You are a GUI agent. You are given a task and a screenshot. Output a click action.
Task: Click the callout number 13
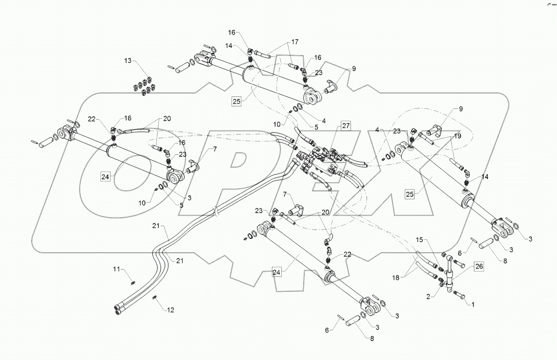[x=128, y=60]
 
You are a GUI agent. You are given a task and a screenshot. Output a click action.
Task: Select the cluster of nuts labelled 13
[x=142, y=86]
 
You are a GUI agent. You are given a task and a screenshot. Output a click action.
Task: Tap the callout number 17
[x=295, y=42]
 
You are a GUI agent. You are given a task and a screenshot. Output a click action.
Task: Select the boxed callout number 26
[x=480, y=266]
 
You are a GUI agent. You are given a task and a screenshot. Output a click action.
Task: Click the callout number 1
[x=472, y=305]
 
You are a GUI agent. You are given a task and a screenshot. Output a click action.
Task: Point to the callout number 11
[x=117, y=269]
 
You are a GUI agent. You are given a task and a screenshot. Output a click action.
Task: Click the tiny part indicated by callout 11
[x=133, y=283]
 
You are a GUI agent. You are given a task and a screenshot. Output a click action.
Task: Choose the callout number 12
[x=171, y=310]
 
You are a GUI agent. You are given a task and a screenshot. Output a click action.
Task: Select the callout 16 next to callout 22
[x=128, y=118]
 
